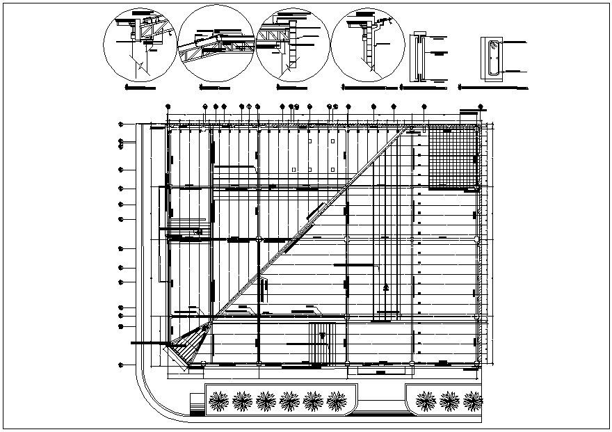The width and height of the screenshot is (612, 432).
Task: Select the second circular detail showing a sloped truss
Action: coord(216,44)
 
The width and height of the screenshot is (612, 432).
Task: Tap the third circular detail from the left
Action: coord(292,44)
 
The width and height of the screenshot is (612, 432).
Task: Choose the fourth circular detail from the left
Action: coord(367,44)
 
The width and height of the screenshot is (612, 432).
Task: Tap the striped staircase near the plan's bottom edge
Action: coord(321,342)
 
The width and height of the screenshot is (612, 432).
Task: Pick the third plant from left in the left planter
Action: coord(266,401)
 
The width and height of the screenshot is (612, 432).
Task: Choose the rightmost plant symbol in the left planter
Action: coord(337,401)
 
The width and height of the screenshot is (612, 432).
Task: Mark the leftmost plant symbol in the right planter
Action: coord(426,401)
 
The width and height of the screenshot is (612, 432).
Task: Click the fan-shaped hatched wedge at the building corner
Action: coord(189,344)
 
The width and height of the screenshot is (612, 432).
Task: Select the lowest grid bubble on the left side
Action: coord(120,365)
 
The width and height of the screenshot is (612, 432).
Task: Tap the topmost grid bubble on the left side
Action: coord(120,125)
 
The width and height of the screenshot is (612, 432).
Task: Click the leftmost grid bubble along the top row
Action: coord(168,106)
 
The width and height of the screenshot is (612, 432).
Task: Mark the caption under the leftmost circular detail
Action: coord(139,89)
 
